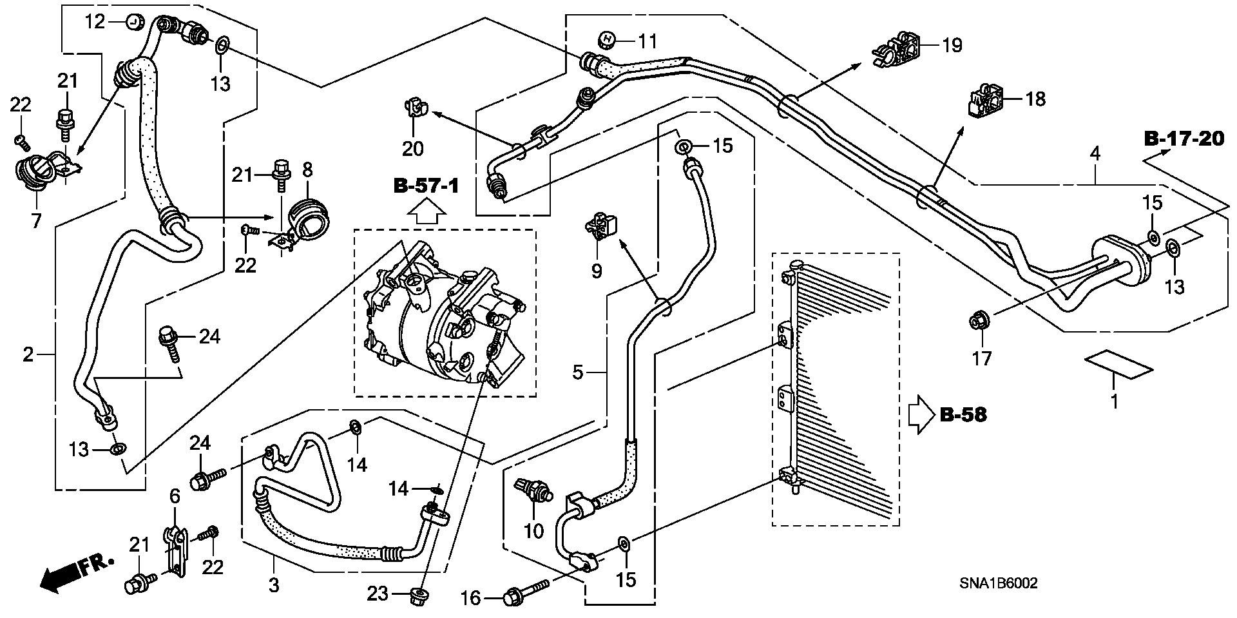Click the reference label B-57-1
(427, 187)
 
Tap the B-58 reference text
(963, 415)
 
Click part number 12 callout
(95, 23)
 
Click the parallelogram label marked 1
(1119, 364)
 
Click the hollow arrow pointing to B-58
(921, 414)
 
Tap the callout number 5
(578, 372)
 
